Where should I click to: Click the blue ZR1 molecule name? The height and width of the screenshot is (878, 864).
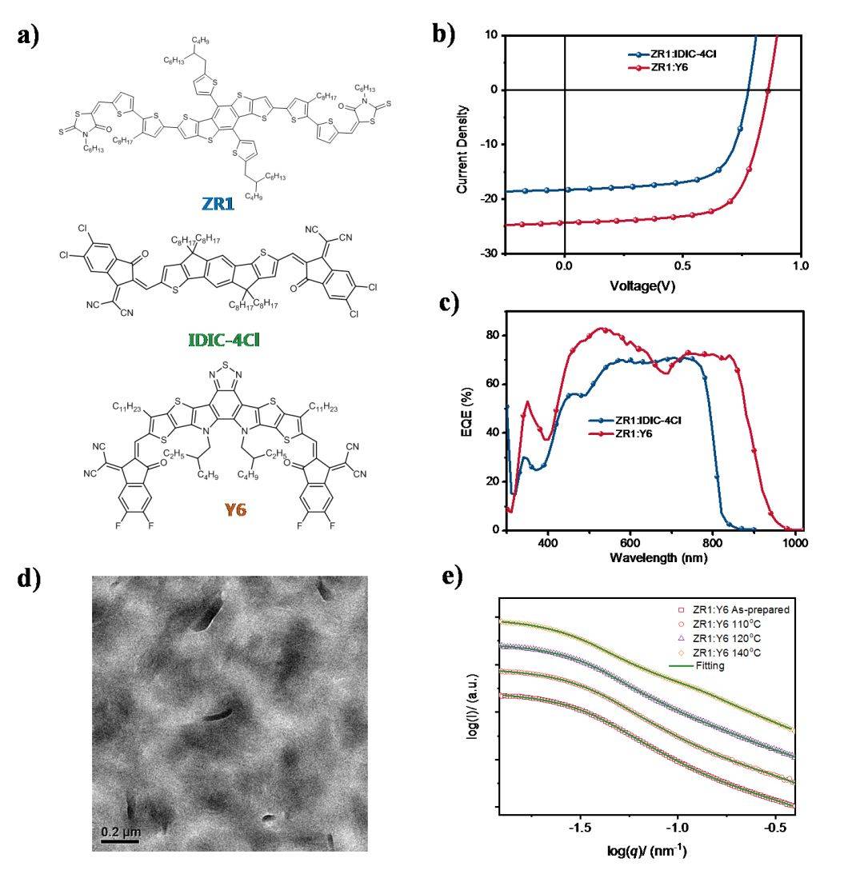coord(218,205)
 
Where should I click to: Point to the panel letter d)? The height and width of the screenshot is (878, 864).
coord(29,580)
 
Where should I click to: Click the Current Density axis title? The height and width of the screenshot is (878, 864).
coord(462,144)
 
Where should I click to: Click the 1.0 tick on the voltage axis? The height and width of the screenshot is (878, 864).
coord(801,265)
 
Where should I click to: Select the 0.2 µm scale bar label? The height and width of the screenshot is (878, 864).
coord(120,833)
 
